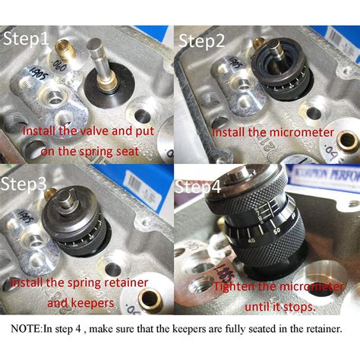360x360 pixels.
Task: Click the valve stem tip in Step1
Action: [x=96, y=44]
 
